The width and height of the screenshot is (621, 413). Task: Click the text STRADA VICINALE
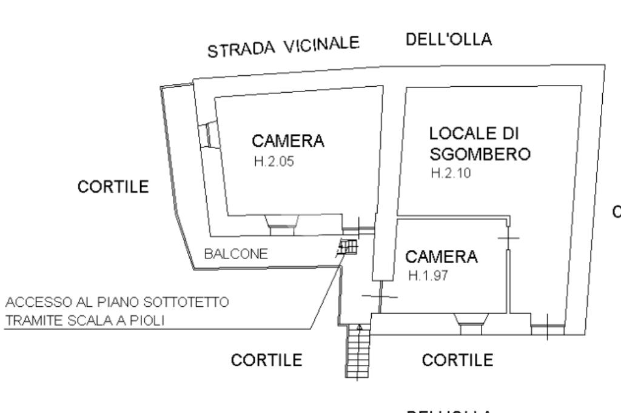[284, 46]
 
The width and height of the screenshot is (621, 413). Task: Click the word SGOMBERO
[480, 154]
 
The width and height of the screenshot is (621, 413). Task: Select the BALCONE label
[236, 254]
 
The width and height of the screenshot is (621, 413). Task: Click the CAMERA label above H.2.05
[288, 141]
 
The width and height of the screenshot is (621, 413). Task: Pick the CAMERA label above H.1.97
[441, 257]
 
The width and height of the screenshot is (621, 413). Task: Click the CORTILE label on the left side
[113, 187]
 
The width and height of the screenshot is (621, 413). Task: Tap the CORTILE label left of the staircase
[267, 360]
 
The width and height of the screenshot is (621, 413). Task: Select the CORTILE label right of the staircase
[457, 360]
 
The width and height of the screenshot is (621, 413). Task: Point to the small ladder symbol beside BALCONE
[348, 247]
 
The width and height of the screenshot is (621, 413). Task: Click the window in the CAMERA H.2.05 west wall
[206, 135]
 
